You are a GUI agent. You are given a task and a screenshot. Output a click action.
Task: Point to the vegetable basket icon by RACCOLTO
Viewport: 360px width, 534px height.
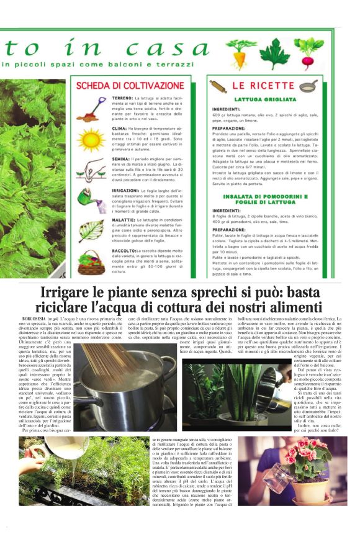pyautogui.click(x=91, y=262)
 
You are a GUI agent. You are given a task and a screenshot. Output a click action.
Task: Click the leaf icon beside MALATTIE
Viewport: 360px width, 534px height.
pyautogui.click(x=91, y=230)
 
